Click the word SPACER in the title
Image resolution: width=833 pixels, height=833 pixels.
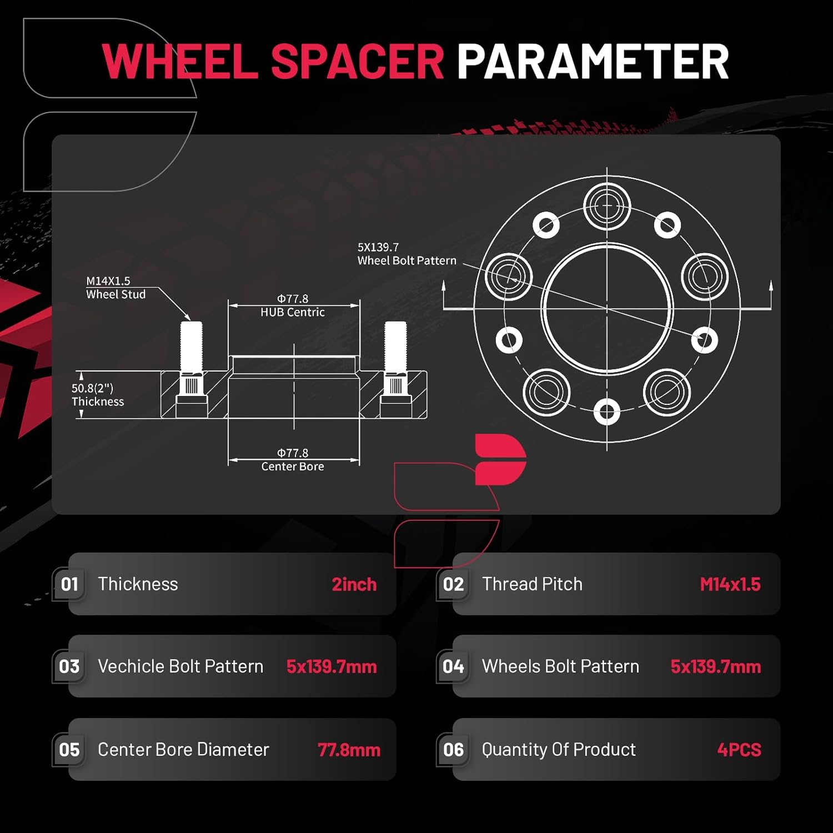[x=357, y=61]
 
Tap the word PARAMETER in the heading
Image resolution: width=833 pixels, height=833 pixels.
[x=593, y=61]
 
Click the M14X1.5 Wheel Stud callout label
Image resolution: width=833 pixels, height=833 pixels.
[x=116, y=288]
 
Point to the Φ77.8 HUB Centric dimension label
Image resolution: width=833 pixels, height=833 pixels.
[x=293, y=305]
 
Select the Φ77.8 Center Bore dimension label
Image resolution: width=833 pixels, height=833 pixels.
[x=293, y=460]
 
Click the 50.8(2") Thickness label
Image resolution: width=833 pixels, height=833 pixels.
[x=98, y=395]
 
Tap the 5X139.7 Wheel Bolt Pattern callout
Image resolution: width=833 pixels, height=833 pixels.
[x=407, y=254]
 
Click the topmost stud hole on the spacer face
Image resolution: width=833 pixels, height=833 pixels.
[x=607, y=206]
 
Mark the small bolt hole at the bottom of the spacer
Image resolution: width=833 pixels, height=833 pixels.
[x=607, y=412]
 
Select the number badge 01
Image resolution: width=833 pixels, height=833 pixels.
[x=69, y=584]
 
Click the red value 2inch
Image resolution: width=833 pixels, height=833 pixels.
[x=354, y=584]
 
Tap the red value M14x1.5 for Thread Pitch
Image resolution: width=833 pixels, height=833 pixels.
[x=730, y=584]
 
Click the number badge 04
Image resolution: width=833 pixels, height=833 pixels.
[x=454, y=666]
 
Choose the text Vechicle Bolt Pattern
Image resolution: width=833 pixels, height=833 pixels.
[x=180, y=666]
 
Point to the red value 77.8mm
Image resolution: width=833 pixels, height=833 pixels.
[x=349, y=750]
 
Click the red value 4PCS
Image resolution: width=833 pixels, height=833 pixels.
[x=739, y=750]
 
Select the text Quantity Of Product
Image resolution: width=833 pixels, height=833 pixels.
[x=559, y=750]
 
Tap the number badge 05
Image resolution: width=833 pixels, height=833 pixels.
[x=69, y=750]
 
